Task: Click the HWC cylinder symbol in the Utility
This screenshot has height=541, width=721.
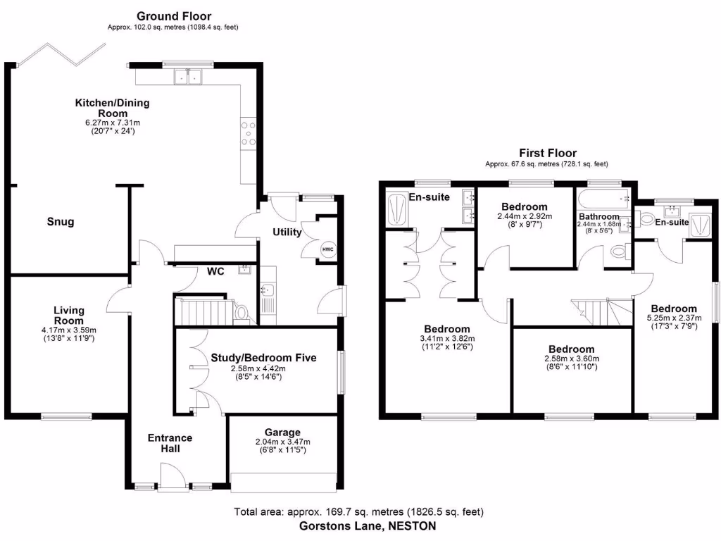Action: point(328,249)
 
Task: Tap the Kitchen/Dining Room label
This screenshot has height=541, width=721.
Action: point(113,108)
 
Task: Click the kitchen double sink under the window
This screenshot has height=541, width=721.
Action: point(189,77)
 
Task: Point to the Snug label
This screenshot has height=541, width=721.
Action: point(61,222)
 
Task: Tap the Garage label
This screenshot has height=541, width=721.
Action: point(282,432)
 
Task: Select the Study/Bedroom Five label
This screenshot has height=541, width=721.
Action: point(263,358)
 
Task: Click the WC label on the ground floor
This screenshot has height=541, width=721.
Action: point(215,271)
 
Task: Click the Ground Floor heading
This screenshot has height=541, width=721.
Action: point(174,16)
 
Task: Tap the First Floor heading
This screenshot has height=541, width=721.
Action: point(548,153)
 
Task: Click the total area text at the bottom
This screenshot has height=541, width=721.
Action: point(358,512)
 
